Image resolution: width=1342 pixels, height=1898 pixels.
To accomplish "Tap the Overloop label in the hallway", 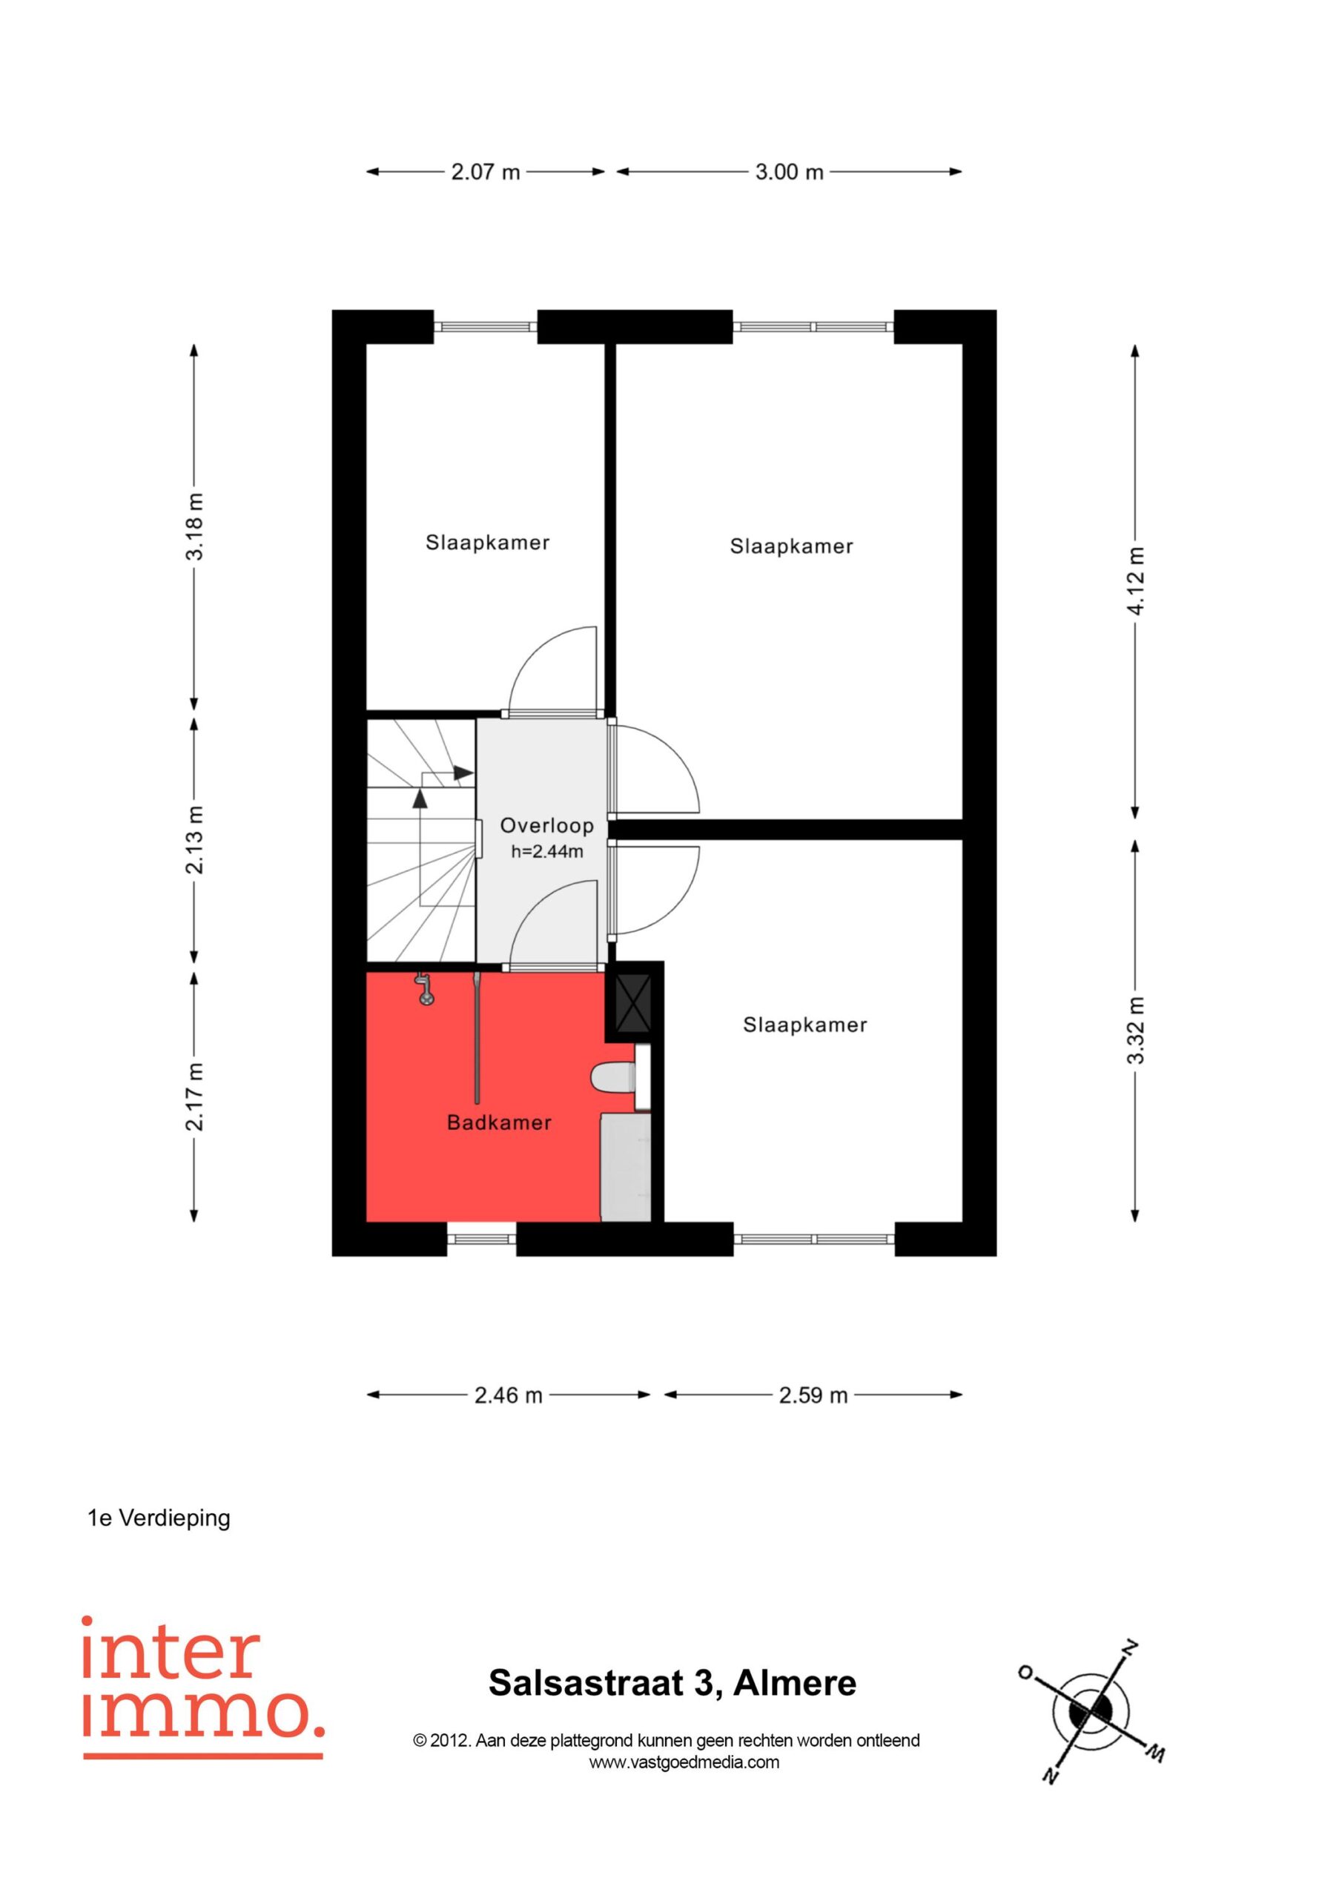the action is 546,825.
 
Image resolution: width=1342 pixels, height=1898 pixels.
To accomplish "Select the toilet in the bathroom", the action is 612,1077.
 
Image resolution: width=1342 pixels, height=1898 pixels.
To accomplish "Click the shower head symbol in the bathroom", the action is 425,990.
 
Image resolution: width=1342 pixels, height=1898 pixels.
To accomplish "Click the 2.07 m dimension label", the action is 486,172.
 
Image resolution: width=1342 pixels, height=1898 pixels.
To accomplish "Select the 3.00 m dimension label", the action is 790,172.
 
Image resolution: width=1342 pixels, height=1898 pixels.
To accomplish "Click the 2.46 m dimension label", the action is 508,1395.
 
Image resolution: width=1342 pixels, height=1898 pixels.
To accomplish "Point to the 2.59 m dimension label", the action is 813,1395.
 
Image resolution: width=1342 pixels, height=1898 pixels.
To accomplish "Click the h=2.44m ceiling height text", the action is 546,851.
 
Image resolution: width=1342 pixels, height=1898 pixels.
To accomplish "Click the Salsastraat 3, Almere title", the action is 672,1683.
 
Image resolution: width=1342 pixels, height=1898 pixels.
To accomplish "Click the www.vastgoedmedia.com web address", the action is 684,1762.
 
